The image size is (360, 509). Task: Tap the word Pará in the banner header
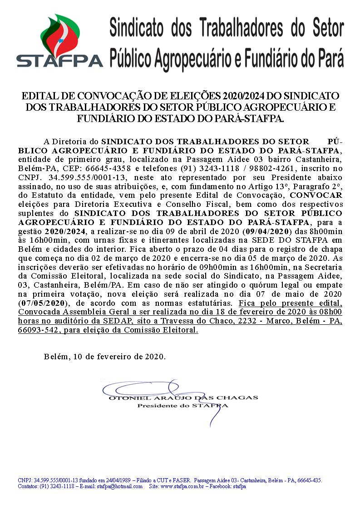tap(329, 58)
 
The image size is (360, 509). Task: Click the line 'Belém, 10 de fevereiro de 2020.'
tap(105, 357)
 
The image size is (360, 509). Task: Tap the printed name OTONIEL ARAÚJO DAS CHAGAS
tap(183, 397)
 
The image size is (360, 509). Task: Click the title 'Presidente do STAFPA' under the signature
tap(183, 406)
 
